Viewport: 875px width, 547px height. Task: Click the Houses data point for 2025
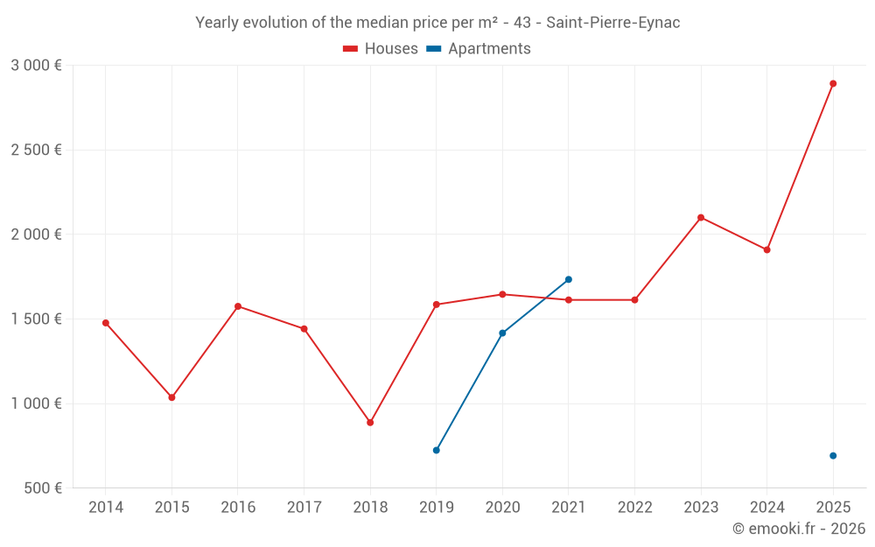pos(833,84)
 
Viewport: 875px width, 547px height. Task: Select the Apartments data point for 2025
pos(833,456)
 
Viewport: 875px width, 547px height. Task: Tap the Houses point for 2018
pos(370,423)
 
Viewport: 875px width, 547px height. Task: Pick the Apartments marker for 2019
pos(437,450)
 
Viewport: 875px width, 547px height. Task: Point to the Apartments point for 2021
pos(569,279)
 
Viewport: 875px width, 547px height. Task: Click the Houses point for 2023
pos(701,218)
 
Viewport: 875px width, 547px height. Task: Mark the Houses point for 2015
pos(171,397)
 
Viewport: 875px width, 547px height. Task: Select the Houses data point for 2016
pos(238,306)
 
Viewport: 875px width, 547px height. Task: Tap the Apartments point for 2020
pos(502,333)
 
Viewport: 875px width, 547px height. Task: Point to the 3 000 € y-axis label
pos(37,66)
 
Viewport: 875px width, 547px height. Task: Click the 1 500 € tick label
pos(37,319)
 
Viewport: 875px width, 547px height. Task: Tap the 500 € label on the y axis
pos(43,488)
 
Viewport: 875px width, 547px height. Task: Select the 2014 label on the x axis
pos(106,508)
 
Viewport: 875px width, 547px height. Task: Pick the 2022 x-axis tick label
pos(634,508)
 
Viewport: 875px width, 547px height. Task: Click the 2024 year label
pos(766,508)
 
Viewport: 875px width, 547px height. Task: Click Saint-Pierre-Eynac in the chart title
pos(612,23)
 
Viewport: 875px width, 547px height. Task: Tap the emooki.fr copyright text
pos(799,529)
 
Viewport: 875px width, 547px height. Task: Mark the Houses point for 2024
pos(766,250)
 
